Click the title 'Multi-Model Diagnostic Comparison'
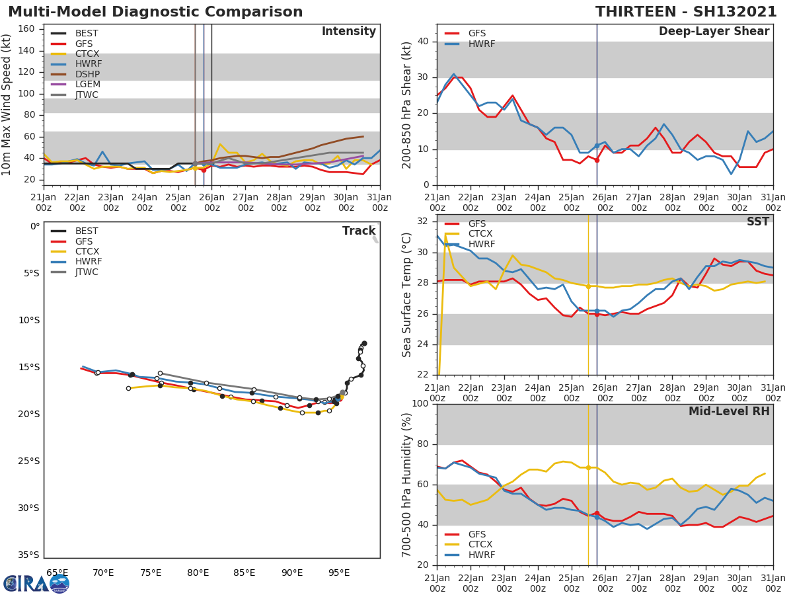pos(155,12)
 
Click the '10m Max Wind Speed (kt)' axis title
pos(8,104)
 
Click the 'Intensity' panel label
pos(348,32)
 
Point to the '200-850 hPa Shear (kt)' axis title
pos(406,104)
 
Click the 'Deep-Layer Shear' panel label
pos(714,32)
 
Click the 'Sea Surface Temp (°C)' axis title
pos(406,295)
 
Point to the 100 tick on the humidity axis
pos(420,404)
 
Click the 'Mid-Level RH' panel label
pos(729,411)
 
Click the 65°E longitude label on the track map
pos(57,573)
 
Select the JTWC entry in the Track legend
pos(87,272)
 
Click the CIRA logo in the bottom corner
pos(36,583)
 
